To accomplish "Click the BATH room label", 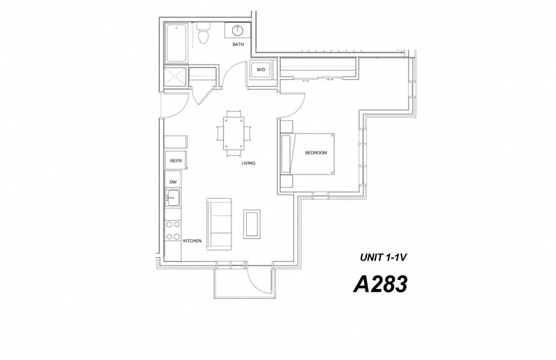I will [x=238, y=45].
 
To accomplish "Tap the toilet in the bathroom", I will [x=204, y=33].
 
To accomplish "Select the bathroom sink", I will [x=238, y=31].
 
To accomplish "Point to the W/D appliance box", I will [x=261, y=69].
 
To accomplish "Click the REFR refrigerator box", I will [x=175, y=161].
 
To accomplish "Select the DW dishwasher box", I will [x=172, y=182].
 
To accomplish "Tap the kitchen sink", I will [x=172, y=199].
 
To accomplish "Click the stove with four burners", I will [x=172, y=231].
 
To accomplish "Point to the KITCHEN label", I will [x=192, y=241].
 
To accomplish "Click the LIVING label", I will [x=248, y=163].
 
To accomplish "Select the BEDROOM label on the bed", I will [x=316, y=153].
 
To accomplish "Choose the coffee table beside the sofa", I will [x=252, y=222].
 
